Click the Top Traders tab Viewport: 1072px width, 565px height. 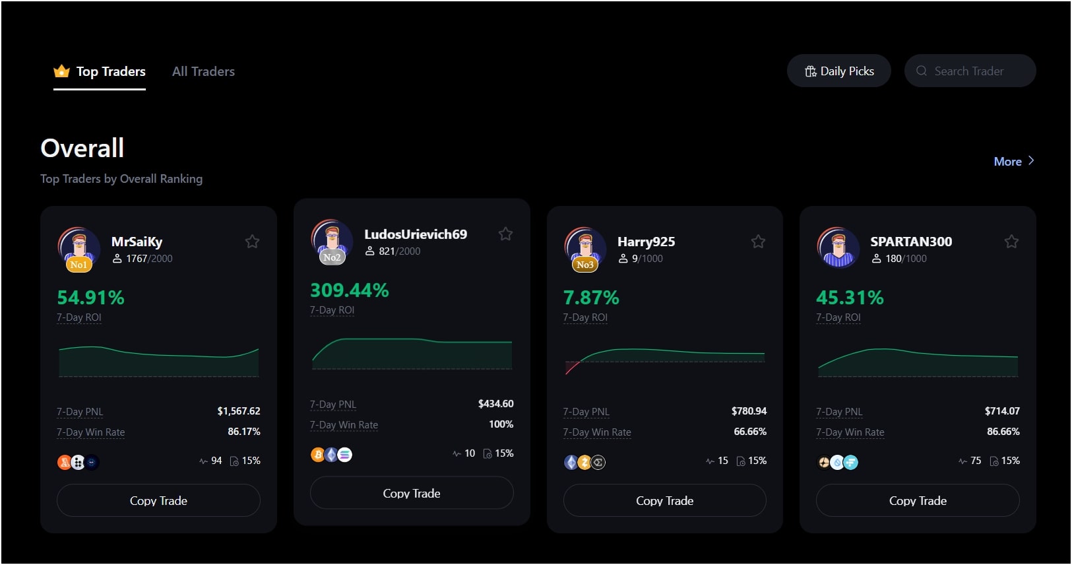(100, 71)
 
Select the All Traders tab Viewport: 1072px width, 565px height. (203, 71)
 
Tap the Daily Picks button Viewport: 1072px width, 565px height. (838, 71)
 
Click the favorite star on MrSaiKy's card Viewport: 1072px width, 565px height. (252, 242)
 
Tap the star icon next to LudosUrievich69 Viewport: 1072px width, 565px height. (505, 234)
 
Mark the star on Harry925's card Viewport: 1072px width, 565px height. (758, 242)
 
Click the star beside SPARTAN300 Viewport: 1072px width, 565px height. (1011, 242)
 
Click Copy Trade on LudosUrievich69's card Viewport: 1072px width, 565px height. (412, 493)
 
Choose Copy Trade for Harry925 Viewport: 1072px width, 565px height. (664, 500)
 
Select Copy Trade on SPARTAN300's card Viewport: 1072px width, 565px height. (918, 500)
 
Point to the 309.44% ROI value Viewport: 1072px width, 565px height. (350, 290)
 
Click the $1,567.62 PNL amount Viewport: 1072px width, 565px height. (239, 411)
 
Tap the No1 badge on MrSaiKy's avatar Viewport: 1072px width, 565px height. (78, 265)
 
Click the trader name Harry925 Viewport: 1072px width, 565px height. (646, 242)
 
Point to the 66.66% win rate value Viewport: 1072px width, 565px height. (750, 432)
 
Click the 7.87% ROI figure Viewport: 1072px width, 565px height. (591, 298)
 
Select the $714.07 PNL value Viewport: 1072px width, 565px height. (1002, 411)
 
